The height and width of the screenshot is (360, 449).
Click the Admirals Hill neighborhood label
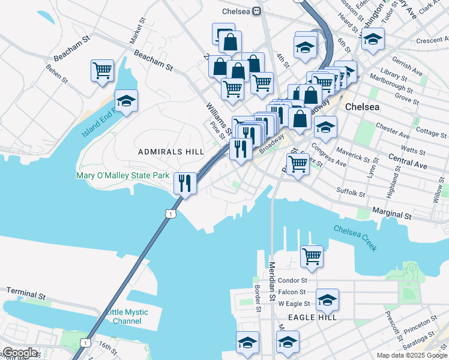tap(171, 152)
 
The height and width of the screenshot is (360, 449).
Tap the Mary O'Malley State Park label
tap(123, 176)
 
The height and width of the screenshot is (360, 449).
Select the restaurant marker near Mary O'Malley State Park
tap(185, 182)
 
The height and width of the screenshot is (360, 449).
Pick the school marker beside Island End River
tap(126, 101)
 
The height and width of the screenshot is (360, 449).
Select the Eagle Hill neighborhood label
tap(312, 317)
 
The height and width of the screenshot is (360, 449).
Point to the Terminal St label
tap(26, 293)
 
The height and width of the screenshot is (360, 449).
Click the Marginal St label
tap(392, 214)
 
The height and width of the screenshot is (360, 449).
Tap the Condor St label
tap(292, 280)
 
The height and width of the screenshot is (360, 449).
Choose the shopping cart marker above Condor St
tap(312, 256)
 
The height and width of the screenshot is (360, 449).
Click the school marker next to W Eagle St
tap(327, 299)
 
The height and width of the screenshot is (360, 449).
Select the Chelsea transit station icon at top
tap(257, 11)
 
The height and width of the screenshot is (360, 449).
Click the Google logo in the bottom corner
tap(19, 353)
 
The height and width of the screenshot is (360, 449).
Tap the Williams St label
tap(218, 118)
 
